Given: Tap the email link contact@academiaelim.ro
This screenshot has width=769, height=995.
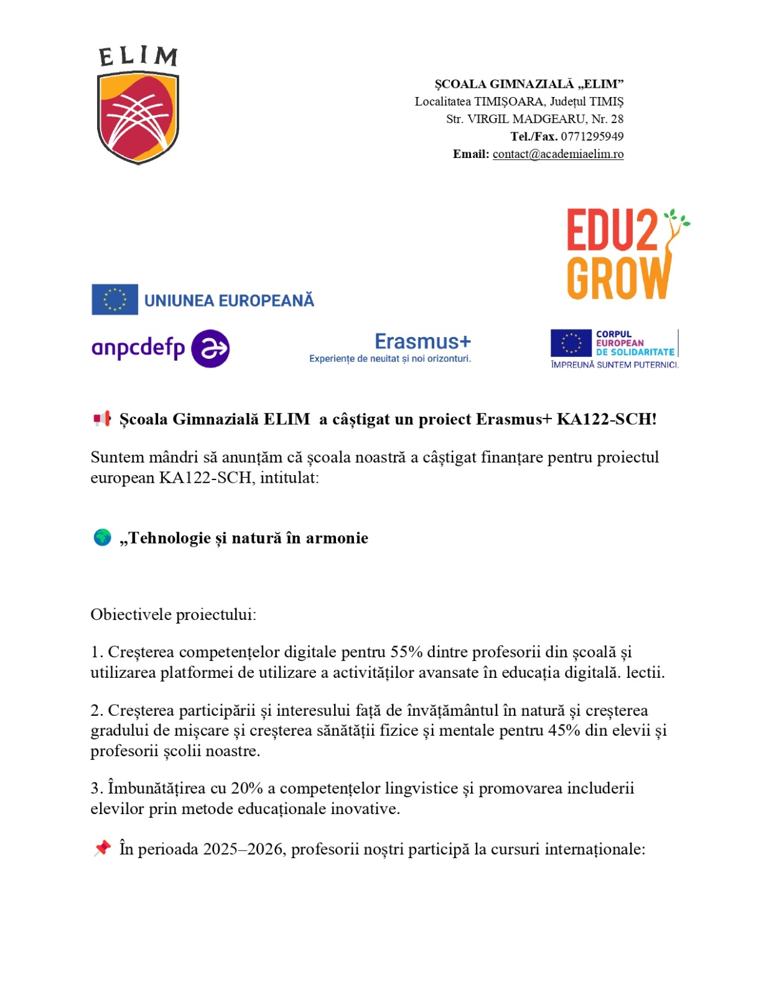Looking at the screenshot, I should tap(557, 154).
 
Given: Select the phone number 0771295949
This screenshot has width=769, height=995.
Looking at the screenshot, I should tap(592, 137).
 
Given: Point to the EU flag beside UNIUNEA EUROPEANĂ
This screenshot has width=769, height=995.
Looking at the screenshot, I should tap(114, 300).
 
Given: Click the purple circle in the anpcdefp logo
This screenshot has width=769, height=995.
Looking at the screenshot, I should tap(210, 349).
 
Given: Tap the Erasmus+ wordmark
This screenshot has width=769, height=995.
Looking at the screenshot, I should tap(422, 342).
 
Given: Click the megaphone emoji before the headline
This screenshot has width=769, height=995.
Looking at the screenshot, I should tap(102, 419).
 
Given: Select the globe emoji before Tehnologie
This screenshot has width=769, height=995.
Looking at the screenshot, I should tap(102, 537).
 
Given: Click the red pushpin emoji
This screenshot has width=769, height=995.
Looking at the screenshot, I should tap(102, 848).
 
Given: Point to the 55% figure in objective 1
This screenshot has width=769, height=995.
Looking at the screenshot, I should tap(406, 652).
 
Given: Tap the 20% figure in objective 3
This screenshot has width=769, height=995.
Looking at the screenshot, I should tap(247, 789).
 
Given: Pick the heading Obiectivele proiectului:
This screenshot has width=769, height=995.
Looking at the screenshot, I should tap(174, 615).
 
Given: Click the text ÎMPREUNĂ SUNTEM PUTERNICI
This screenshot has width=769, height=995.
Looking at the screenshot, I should tap(614, 365).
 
